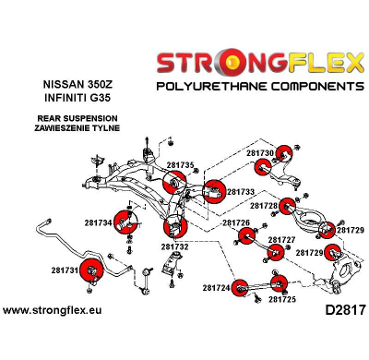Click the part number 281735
point(181,165)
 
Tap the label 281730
point(260,152)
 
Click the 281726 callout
point(236,223)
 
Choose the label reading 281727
point(281,240)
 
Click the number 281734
point(99,222)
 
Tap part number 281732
point(174,246)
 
